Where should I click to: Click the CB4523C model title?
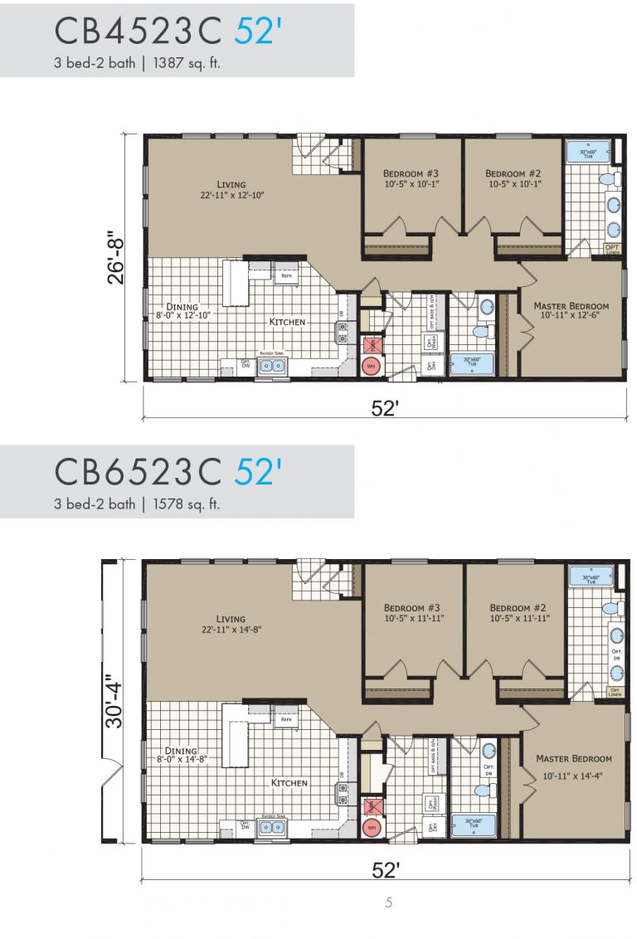pyautogui.click(x=139, y=31)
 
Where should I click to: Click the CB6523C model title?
pyautogui.click(x=139, y=471)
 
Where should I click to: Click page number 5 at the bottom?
pyautogui.click(x=388, y=903)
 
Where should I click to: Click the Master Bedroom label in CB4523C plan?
pyautogui.click(x=571, y=306)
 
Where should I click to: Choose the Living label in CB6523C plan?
pyautogui.click(x=231, y=619)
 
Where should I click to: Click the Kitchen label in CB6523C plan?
pyautogui.click(x=289, y=782)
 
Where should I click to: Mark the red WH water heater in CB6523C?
pyautogui.click(x=372, y=827)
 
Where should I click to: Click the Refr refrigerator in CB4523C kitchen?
pyautogui.click(x=287, y=278)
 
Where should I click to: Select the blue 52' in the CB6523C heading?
pyautogui.click(x=258, y=471)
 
